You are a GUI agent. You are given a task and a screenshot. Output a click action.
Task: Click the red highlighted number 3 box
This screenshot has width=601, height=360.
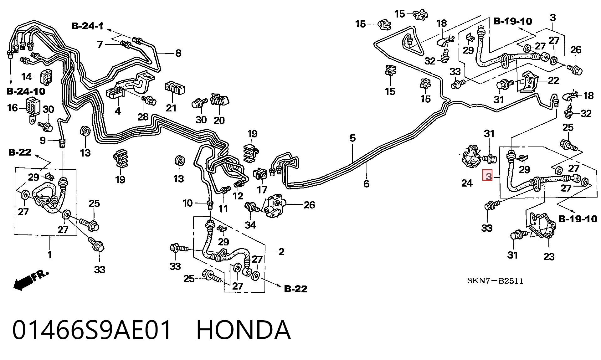[488, 176]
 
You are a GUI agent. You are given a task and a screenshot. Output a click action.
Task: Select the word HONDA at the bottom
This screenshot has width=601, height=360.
[244, 330]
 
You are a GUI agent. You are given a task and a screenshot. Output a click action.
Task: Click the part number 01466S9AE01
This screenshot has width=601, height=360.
[92, 330]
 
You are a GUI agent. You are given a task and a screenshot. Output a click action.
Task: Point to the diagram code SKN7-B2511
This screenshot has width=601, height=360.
[495, 281]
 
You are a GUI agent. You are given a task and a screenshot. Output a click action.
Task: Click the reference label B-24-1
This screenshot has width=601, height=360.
[88, 26]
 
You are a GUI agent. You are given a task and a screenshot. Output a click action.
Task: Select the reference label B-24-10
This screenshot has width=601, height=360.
[26, 91]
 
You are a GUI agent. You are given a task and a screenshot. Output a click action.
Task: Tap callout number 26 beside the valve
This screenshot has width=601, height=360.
[309, 205]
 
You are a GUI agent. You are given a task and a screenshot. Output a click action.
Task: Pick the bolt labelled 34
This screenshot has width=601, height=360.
[252, 207]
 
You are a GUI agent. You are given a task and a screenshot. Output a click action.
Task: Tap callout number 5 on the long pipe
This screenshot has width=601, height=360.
[353, 138]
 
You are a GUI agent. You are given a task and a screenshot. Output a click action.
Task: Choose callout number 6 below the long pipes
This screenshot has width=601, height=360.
[366, 183]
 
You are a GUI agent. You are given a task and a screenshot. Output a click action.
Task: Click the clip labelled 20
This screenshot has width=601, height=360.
[220, 100]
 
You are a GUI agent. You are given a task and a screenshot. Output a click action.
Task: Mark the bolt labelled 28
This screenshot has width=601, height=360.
[149, 100]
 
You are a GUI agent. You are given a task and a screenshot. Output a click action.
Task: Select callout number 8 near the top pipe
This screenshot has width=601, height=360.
[178, 53]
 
